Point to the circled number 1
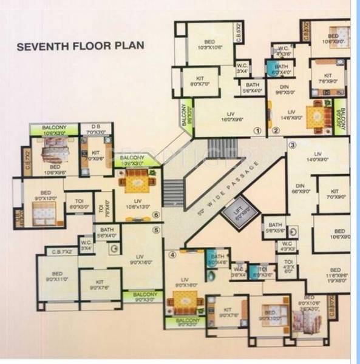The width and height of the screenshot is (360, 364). [257, 130]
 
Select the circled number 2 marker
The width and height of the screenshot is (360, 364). [275, 130]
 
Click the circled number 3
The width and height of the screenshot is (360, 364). [291, 145]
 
